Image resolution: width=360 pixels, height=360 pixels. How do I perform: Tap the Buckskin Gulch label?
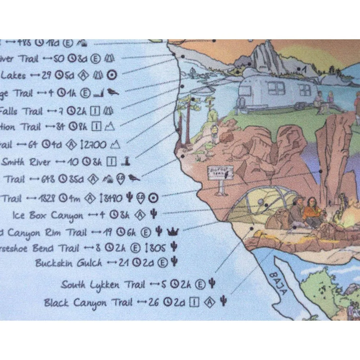[68, 263]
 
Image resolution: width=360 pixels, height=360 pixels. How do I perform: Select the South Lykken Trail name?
[90, 285]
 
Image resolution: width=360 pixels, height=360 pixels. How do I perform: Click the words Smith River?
[26, 162]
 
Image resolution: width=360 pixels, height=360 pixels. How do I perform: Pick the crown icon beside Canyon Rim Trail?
[173, 232]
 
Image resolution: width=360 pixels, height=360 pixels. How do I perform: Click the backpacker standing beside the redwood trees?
[215, 133]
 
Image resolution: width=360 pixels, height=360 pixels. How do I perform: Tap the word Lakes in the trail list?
[13, 76]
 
